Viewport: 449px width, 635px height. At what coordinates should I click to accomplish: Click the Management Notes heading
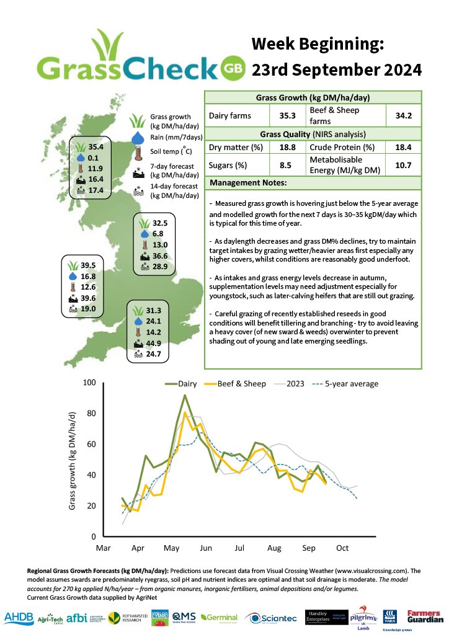(x=248, y=184)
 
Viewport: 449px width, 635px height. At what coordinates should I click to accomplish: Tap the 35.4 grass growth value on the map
(x=96, y=147)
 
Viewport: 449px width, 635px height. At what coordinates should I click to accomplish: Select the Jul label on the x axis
(x=240, y=549)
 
